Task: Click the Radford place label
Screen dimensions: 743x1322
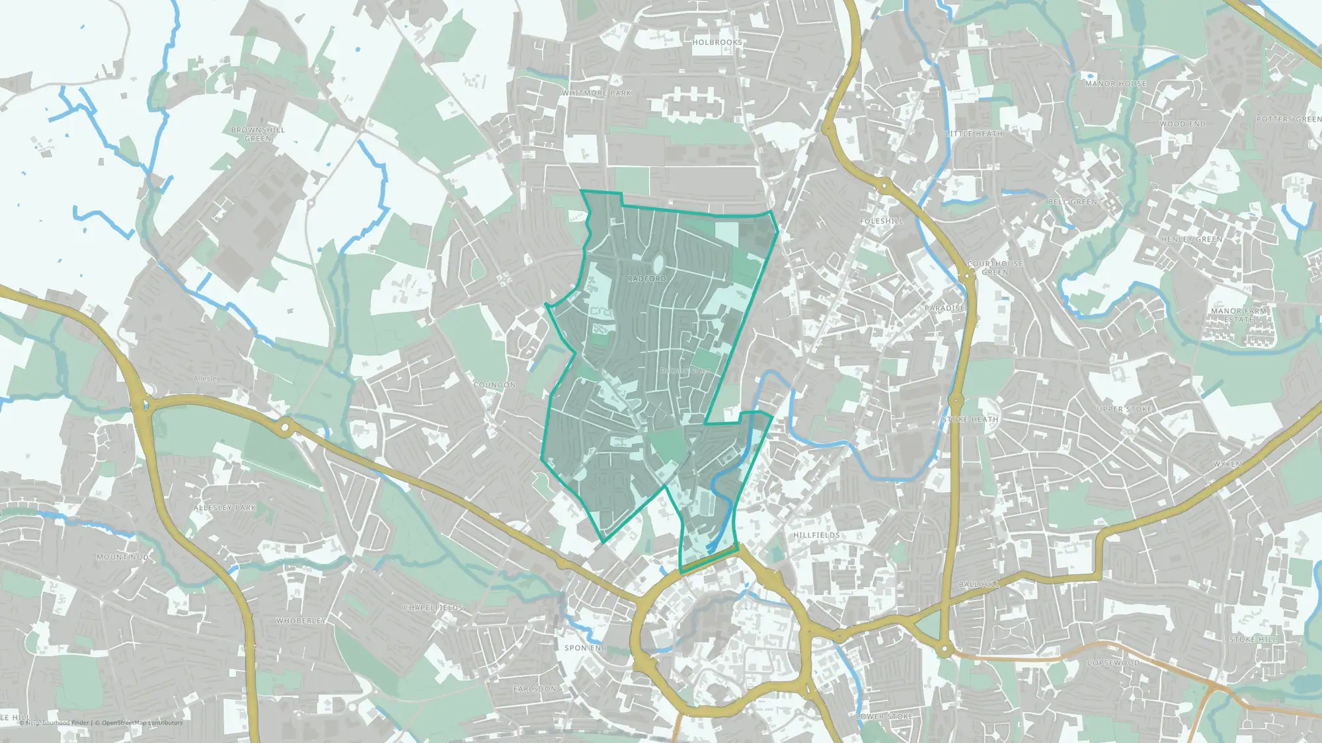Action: [x=646, y=279]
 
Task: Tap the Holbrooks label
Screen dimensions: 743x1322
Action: [x=717, y=42]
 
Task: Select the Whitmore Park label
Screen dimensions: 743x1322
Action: [x=597, y=93]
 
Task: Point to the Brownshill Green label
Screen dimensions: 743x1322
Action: [x=258, y=134]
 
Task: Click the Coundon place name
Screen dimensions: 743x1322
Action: [x=494, y=385]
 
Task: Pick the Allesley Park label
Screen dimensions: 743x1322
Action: [x=225, y=508]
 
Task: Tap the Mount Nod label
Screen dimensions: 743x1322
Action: [x=122, y=557]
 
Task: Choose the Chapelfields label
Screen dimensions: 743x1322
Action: [x=434, y=608]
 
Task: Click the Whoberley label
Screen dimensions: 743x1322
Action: [x=301, y=621]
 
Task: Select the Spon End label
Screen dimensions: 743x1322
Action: [x=585, y=648]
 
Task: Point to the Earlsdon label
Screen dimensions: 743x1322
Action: [x=535, y=689]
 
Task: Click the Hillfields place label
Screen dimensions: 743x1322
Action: [x=816, y=535]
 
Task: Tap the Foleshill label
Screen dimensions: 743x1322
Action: [x=881, y=221]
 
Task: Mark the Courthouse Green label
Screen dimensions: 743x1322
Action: [x=995, y=267]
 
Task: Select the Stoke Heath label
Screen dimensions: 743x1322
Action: [x=970, y=419]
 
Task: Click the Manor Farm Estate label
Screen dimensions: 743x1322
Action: [x=1239, y=315]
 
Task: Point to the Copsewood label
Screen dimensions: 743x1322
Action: [x=1113, y=663]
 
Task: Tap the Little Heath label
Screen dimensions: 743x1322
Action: [x=974, y=133]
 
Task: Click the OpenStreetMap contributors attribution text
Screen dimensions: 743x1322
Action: [x=142, y=723]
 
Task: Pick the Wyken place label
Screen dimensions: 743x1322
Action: [x=1227, y=464]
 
